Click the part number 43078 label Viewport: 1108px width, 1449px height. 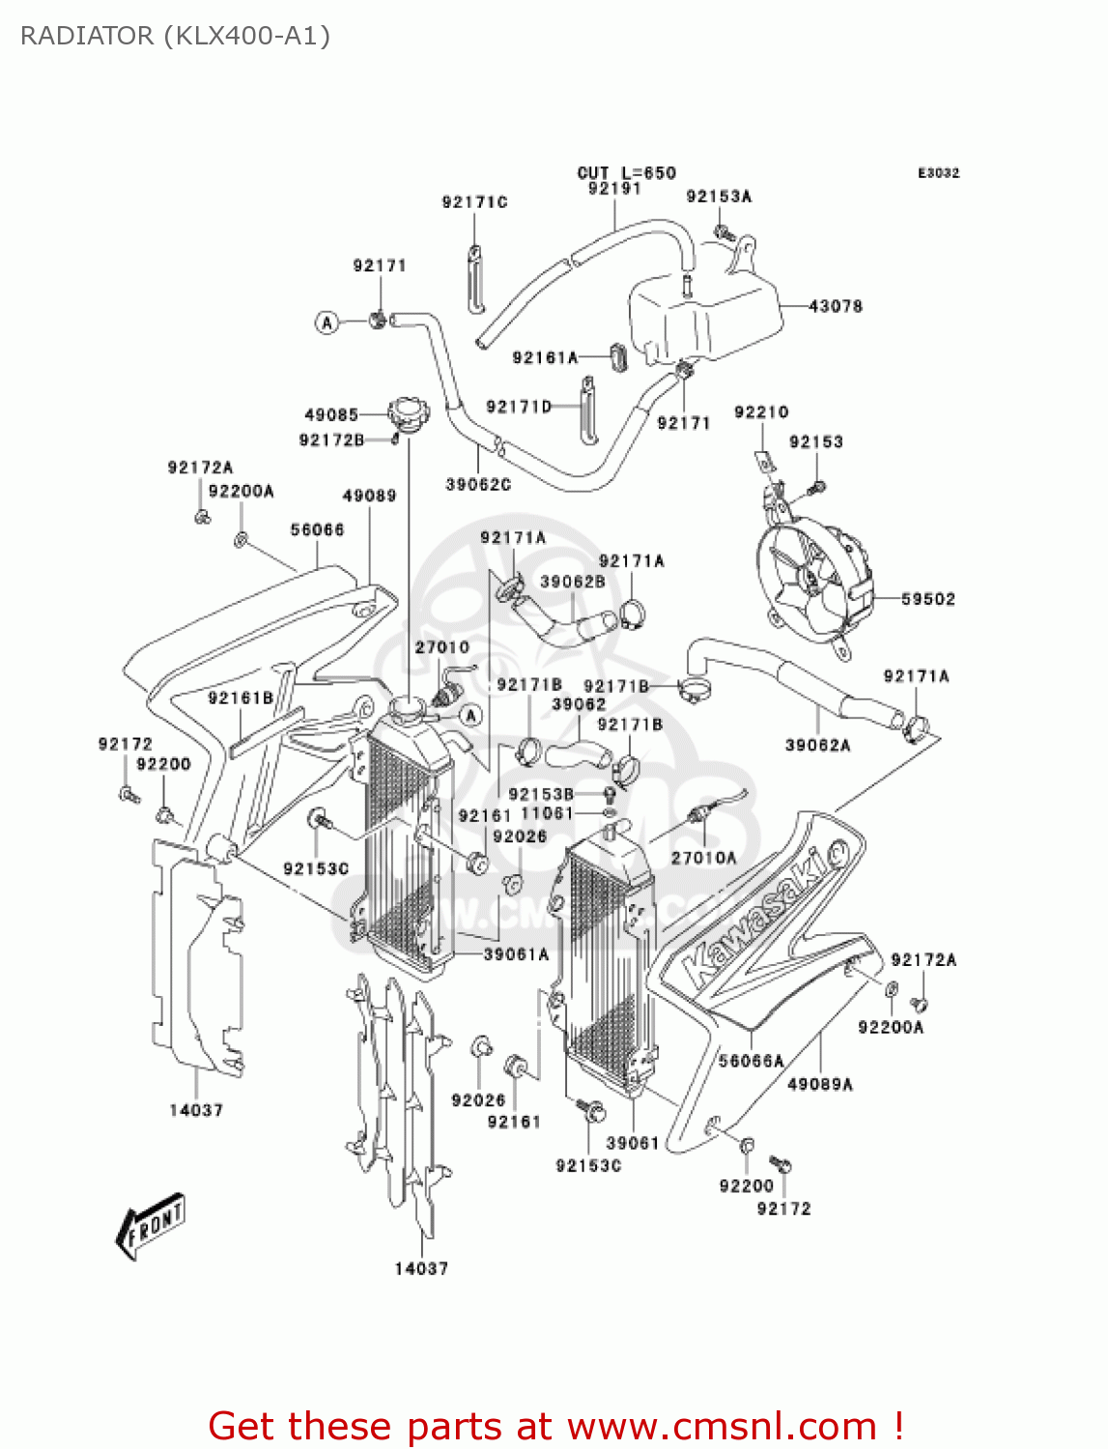pos(835,306)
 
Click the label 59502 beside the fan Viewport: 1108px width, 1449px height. pos(927,599)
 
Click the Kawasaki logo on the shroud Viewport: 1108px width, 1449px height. pos(763,914)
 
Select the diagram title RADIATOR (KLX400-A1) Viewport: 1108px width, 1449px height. pos(175,37)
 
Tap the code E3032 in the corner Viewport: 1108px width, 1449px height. pos(938,173)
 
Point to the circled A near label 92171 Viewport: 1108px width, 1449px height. pos(327,323)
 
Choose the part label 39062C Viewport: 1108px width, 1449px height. pos(478,484)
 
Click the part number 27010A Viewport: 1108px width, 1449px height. pos(703,858)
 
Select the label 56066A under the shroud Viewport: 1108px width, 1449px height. pos(751,1061)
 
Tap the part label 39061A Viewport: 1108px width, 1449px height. pos(516,954)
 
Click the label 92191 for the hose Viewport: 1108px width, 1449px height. pos(614,188)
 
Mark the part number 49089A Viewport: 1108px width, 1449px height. pos(820,1084)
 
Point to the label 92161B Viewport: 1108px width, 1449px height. pos(241,697)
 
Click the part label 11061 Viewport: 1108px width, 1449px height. pos(547,813)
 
